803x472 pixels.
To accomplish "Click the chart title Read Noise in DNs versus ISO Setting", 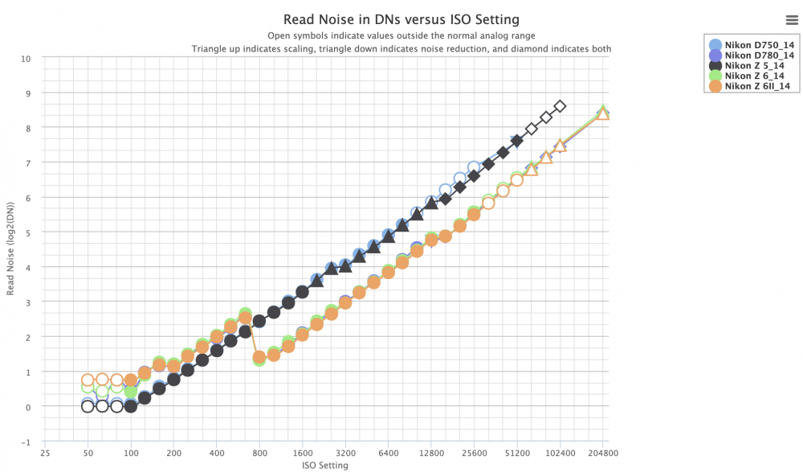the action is coord(401,19).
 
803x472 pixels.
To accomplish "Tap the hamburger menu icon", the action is coord(792,20).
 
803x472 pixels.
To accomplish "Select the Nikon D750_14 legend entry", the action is coord(752,45).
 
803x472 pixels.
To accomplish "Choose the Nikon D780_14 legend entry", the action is coord(752,55).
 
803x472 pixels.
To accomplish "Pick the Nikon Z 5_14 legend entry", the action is coord(747,66).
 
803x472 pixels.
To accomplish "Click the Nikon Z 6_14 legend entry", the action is coord(747,76).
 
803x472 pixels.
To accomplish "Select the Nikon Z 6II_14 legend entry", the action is coord(750,86).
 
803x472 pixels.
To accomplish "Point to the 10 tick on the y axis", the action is coord(26,59).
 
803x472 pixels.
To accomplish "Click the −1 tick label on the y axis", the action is coord(26,442).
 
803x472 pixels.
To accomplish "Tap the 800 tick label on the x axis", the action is coord(259,453).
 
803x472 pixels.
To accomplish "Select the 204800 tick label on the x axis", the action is coord(603,453).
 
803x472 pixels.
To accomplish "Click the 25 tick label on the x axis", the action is coord(45,453).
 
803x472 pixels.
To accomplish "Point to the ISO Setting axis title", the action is coord(325,466).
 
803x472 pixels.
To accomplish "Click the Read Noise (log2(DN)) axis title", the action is coord(10,248).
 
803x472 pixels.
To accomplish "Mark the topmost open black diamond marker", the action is coord(560,106).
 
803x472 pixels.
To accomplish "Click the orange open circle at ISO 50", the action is coord(88,380).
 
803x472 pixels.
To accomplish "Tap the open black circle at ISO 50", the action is coord(88,406).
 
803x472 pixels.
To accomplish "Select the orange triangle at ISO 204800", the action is coord(603,113).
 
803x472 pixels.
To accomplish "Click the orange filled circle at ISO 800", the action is coord(259,357).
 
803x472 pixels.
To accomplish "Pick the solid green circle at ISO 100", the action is coord(131,392).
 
